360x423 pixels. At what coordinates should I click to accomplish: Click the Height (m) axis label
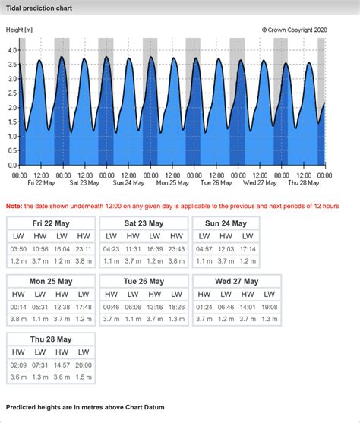pos(19,30)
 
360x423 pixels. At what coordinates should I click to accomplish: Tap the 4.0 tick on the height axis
pos(11,50)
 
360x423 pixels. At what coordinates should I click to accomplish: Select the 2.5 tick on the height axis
pos(11,93)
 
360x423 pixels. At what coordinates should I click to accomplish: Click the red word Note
pos(14,206)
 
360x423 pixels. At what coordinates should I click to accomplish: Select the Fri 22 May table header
pos(52,223)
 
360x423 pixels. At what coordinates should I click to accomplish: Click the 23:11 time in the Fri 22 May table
pos(84,249)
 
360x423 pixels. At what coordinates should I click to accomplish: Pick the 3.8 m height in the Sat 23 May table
pos(177,262)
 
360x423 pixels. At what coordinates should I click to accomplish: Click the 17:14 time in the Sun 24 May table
pos(248,249)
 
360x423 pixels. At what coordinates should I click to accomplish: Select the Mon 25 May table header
pos(52,281)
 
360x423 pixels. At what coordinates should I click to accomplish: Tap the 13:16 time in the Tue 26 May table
pos(156,307)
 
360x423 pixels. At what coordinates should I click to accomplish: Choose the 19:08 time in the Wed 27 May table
pos(270,307)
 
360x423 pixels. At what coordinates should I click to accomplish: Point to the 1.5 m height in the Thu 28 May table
pos(84,377)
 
